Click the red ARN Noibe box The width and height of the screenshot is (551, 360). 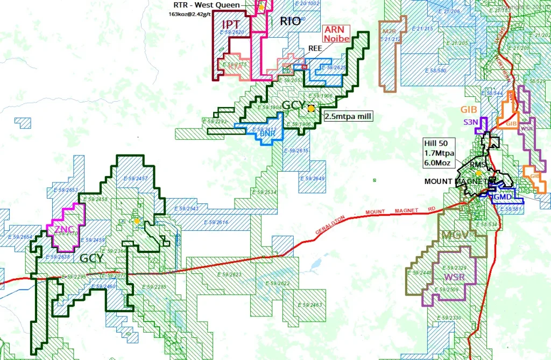(x=336, y=34)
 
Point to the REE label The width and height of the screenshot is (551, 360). (x=315, y=48)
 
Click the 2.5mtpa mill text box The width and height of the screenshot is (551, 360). (x=347, y=116)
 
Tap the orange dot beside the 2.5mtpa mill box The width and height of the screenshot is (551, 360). (x=311, y=108)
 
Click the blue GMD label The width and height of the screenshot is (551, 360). (x=503, y=197)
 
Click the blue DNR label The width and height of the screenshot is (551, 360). (x=267, y=132)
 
